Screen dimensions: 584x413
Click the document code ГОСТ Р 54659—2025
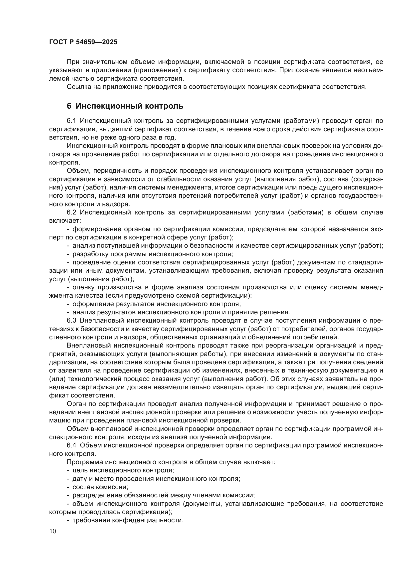pos(83,42)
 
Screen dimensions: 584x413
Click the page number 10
pos(53,531)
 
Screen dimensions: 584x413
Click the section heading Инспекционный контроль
pos(129,106)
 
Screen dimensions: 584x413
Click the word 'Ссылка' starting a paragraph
pos(78,87)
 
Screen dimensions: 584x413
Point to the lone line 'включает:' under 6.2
pos(65,220)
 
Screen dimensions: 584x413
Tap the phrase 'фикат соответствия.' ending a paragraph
pos(82,395)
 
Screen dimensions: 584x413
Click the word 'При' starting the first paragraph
pos(72,62)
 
